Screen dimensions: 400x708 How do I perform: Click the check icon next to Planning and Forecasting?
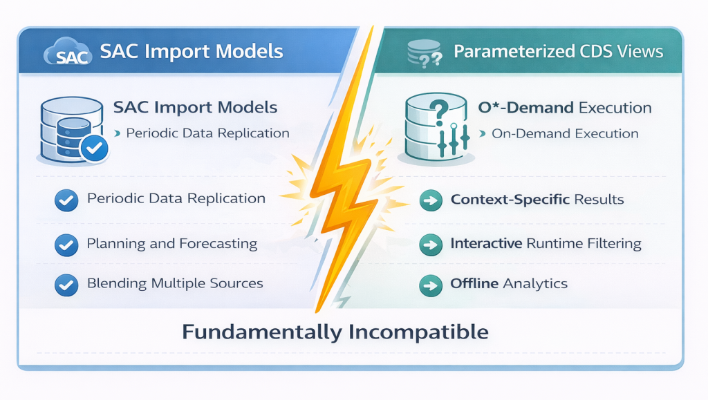pyautogui.click(x=66, y=244)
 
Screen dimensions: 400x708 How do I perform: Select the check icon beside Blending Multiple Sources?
pyautogui.click(x=66, y=284)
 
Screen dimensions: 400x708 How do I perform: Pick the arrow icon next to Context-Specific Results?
pyautogui.click(x=431, y=200)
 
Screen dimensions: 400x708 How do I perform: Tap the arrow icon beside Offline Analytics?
pyautogui.click(x=431, y=284)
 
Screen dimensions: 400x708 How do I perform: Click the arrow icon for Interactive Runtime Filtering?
pyautogui.click(x=431, y=244)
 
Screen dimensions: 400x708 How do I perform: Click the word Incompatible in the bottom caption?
pyautogui.click(x=418, y=332)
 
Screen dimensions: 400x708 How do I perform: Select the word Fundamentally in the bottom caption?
pyautogui.click(x=261, y=332)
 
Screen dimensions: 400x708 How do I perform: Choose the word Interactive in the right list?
pyautogui.click(x=486, y=243)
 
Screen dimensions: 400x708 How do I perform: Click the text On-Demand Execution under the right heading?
pyautogui.click(x=565, y=133)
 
